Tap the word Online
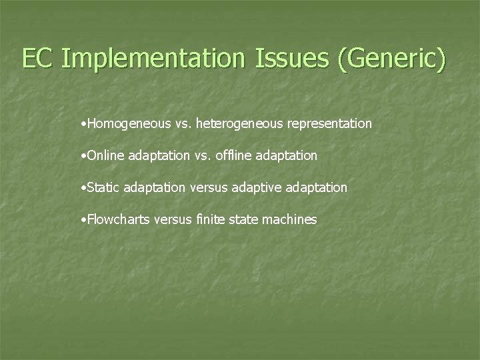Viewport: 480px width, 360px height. tap(101, 155)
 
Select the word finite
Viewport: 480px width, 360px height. tap(209, 219)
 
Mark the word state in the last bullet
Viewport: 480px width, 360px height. tap(246, 219)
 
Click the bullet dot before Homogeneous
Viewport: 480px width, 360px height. tap(81, 124)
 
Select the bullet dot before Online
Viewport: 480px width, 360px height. tap(81, 156)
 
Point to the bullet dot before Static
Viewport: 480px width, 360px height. tap(81, 188)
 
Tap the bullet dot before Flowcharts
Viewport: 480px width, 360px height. tap(81, 220)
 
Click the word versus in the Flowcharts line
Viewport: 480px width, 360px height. tap(172, 219)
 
